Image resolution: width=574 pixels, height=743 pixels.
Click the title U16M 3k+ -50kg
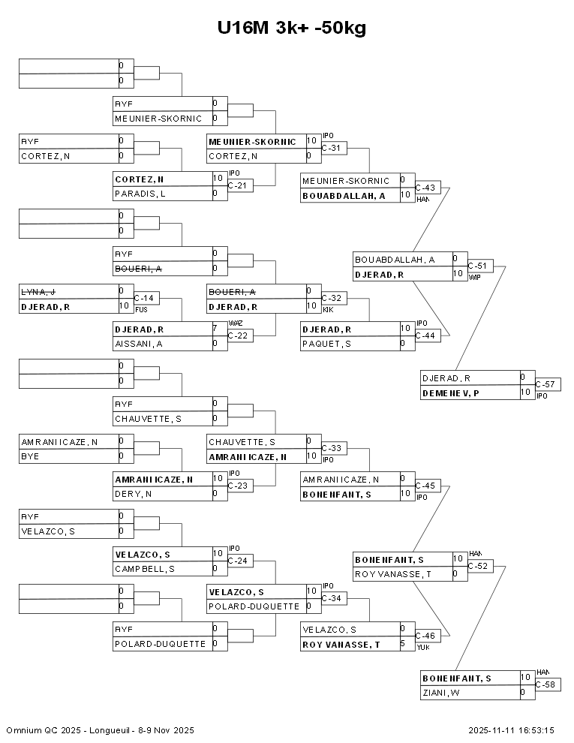coord(292,29)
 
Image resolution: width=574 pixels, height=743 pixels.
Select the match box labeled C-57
coord(548,384)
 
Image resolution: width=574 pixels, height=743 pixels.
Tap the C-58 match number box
coord(548,684)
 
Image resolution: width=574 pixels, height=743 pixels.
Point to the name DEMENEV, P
coord(451,393)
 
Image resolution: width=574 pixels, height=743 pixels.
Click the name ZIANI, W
coord(440,693)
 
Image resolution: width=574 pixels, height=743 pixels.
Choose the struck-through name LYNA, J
coord(40,291)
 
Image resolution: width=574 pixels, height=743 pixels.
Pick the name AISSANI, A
coord(139,344)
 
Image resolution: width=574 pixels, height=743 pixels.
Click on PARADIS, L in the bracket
coord(140,194)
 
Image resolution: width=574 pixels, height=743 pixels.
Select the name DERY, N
coord(133,494)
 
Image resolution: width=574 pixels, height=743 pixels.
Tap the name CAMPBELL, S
coord(145,569)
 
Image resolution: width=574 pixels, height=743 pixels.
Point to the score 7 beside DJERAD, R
coord(216,329)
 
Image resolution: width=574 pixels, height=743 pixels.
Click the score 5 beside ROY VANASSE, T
coord(403,644)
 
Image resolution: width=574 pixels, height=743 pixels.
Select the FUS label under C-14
coord(141,309)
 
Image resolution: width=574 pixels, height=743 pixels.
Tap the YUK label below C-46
coord(422,647)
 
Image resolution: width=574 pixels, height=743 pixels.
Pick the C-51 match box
coord(480,265)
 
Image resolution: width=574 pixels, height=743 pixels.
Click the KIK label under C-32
coord(328,309)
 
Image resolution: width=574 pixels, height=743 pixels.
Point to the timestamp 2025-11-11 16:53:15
coord(511,729)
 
